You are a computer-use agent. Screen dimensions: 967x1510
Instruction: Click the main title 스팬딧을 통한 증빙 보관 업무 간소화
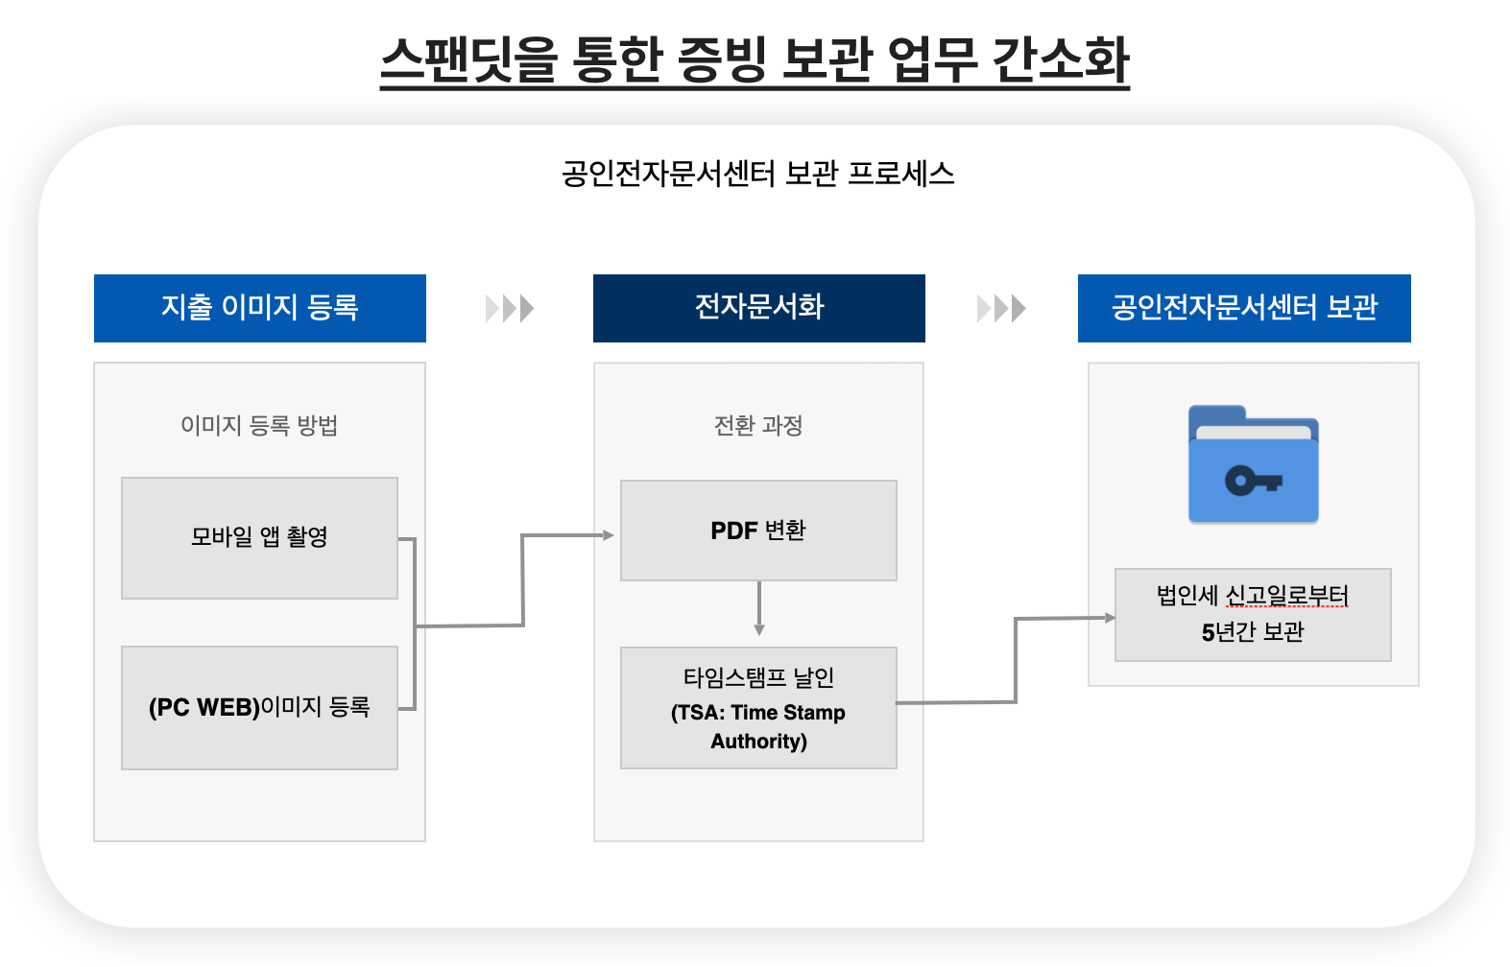point(755,59)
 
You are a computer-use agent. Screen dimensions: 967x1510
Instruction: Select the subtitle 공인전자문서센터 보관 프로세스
point(757,174)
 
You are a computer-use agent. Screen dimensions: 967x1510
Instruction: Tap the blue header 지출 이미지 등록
point(260,308)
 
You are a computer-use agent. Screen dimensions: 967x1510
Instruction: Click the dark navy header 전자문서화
point(758,308)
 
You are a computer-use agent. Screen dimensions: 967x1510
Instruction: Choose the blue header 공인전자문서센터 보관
point(1244,308)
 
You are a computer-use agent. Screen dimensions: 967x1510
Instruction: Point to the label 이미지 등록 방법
point(259,425)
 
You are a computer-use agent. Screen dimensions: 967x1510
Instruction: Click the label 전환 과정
point(758,425)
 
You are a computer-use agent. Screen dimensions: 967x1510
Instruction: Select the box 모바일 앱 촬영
point(259,538)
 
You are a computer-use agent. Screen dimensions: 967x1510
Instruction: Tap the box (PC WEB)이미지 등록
point(259,708)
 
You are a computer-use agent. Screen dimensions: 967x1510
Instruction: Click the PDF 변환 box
point(758,531)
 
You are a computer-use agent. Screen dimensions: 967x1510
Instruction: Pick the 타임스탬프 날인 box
point(758,708)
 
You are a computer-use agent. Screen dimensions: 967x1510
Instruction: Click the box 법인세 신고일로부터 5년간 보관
point(1253,615)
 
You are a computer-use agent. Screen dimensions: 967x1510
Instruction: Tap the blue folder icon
point(1253,464)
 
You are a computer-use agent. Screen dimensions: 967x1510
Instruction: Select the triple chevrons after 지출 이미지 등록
point(510,308)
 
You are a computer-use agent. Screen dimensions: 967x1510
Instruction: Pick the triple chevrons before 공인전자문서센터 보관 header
point(1001,308)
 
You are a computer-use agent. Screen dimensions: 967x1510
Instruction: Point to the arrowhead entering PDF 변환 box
point(609,535)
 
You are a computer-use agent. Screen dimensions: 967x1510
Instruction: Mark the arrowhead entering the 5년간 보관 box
point(1110,618)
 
